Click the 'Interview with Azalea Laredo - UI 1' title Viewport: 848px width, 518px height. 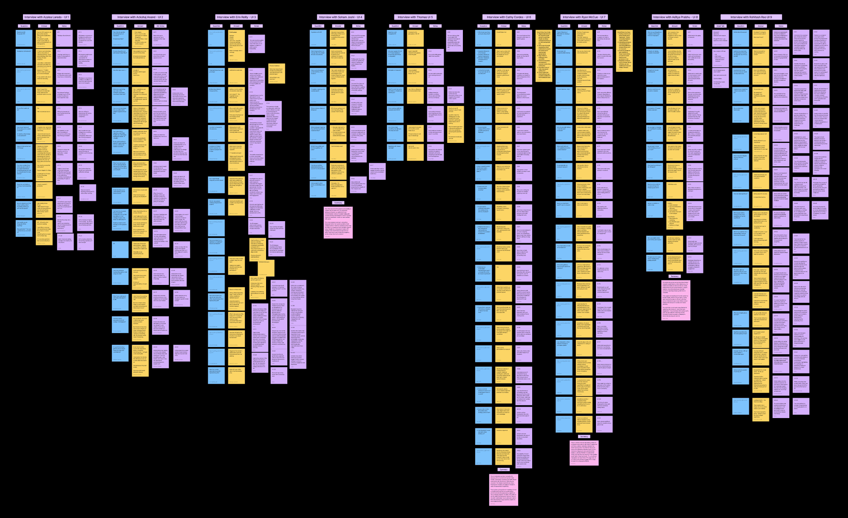[x=47, y=17]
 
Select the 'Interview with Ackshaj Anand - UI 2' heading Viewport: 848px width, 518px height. [x=140, y=17]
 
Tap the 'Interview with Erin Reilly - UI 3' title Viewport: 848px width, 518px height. [x=236, y=17]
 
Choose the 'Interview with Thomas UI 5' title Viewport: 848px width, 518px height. [x=415, y=17]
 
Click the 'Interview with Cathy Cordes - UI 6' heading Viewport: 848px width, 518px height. [x=509, y=17]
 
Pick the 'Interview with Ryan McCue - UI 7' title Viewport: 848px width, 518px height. [x=584, y=17]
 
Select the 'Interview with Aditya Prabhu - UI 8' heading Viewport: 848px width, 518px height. [x=675, y=17]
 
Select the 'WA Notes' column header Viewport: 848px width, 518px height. [x=161, y=26]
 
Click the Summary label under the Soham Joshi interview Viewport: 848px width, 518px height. [x=338, y=203]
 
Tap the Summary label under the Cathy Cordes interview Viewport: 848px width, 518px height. [x=504, y=470]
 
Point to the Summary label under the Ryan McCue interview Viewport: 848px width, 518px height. [x=584, y=436]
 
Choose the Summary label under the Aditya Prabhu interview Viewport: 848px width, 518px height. [x=675, y=276]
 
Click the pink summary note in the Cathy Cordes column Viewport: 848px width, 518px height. [x=504, y=490]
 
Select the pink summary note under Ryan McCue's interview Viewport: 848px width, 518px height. [x=584, y=453]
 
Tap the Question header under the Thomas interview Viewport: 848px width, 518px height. [x=395, y=26]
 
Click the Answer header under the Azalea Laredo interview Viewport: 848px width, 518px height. [x=44, y=26]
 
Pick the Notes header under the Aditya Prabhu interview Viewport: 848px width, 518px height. [x=695, y=26]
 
